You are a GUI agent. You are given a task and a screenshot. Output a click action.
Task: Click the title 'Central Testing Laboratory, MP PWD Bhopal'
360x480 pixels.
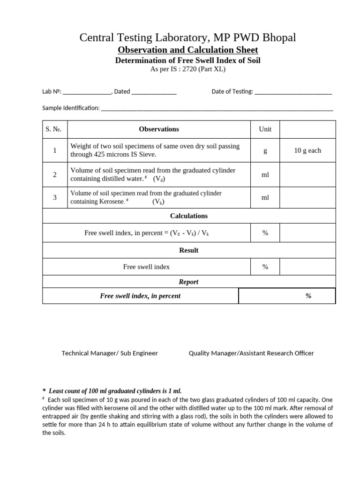pyautogui.click(x=188, y=37)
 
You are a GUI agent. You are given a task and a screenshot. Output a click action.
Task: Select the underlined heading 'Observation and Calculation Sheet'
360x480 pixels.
pyautogui.click(x=188, y=50)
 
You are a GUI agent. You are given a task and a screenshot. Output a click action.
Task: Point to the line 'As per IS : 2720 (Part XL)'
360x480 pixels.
pyautogui.click(x=188, y=69)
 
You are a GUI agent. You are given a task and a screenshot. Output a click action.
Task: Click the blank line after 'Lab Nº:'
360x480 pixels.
pyautogui.click(x=87, y=92)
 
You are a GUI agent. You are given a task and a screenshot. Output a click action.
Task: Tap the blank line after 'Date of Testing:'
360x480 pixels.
pyautogui.click(x=293, y=92)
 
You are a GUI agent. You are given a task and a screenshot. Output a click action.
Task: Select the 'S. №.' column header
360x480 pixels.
pyautogui.click(x=55, y=129)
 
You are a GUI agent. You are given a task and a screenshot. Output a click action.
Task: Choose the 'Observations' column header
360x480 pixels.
pyautogui.click(x=159, y=129)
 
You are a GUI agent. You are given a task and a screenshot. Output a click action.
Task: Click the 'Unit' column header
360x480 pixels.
pyautogui.click(x=265, y=129)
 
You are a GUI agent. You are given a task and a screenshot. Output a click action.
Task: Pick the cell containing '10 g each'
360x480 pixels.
pyautogui.click(x=307, y=150)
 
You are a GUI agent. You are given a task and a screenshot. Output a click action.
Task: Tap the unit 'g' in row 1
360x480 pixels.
pyautogui.click(x=265, y=150)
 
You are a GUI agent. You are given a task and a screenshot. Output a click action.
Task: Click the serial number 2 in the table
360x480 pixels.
pyautogui.click(x=55, y=175)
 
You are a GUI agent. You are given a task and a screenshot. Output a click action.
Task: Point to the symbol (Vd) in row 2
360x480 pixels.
pyautogui.click(x=159, y=179)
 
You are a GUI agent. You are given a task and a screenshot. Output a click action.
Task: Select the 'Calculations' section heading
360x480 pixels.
pyautogui.click(x=189, y=216)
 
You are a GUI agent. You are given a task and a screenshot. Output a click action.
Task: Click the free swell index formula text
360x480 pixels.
pyautogui.click(x=150, y=233)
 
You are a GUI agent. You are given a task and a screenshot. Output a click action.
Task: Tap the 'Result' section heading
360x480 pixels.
pyautogui.click(x=189, y=250)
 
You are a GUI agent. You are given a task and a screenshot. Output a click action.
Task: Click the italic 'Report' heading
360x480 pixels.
pyautogui.click(x=189, y=282)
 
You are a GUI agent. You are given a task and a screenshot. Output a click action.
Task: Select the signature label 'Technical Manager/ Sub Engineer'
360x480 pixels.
pyautogui.click(x=110, y=353)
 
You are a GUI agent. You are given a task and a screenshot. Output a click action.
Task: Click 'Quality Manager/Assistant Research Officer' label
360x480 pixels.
pyautogui.click(x=251, y=353)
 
